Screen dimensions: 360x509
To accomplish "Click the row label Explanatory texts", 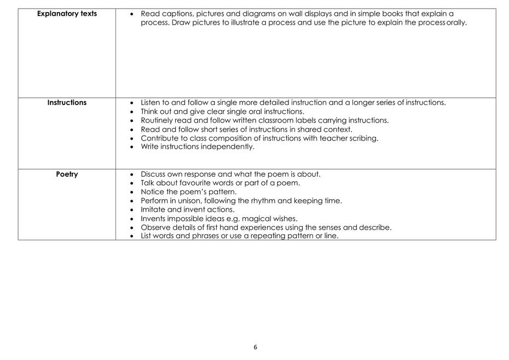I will (67, 14).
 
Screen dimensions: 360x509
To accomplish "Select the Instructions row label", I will (67, 102).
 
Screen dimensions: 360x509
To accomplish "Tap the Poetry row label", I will (67, 174).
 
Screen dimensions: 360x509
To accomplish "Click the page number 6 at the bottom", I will (255, 347).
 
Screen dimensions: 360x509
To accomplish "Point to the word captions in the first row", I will (176, 14).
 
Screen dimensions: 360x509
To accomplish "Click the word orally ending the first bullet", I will (456, 23).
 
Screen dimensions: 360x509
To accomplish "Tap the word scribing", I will (363, 138).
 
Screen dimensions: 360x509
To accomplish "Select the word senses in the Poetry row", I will (334, 227).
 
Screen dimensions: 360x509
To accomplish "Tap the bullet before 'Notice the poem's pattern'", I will (132, 192).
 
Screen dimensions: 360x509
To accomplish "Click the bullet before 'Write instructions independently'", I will (132, 147).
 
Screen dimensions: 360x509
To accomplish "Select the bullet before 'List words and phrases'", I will (132, 236).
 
